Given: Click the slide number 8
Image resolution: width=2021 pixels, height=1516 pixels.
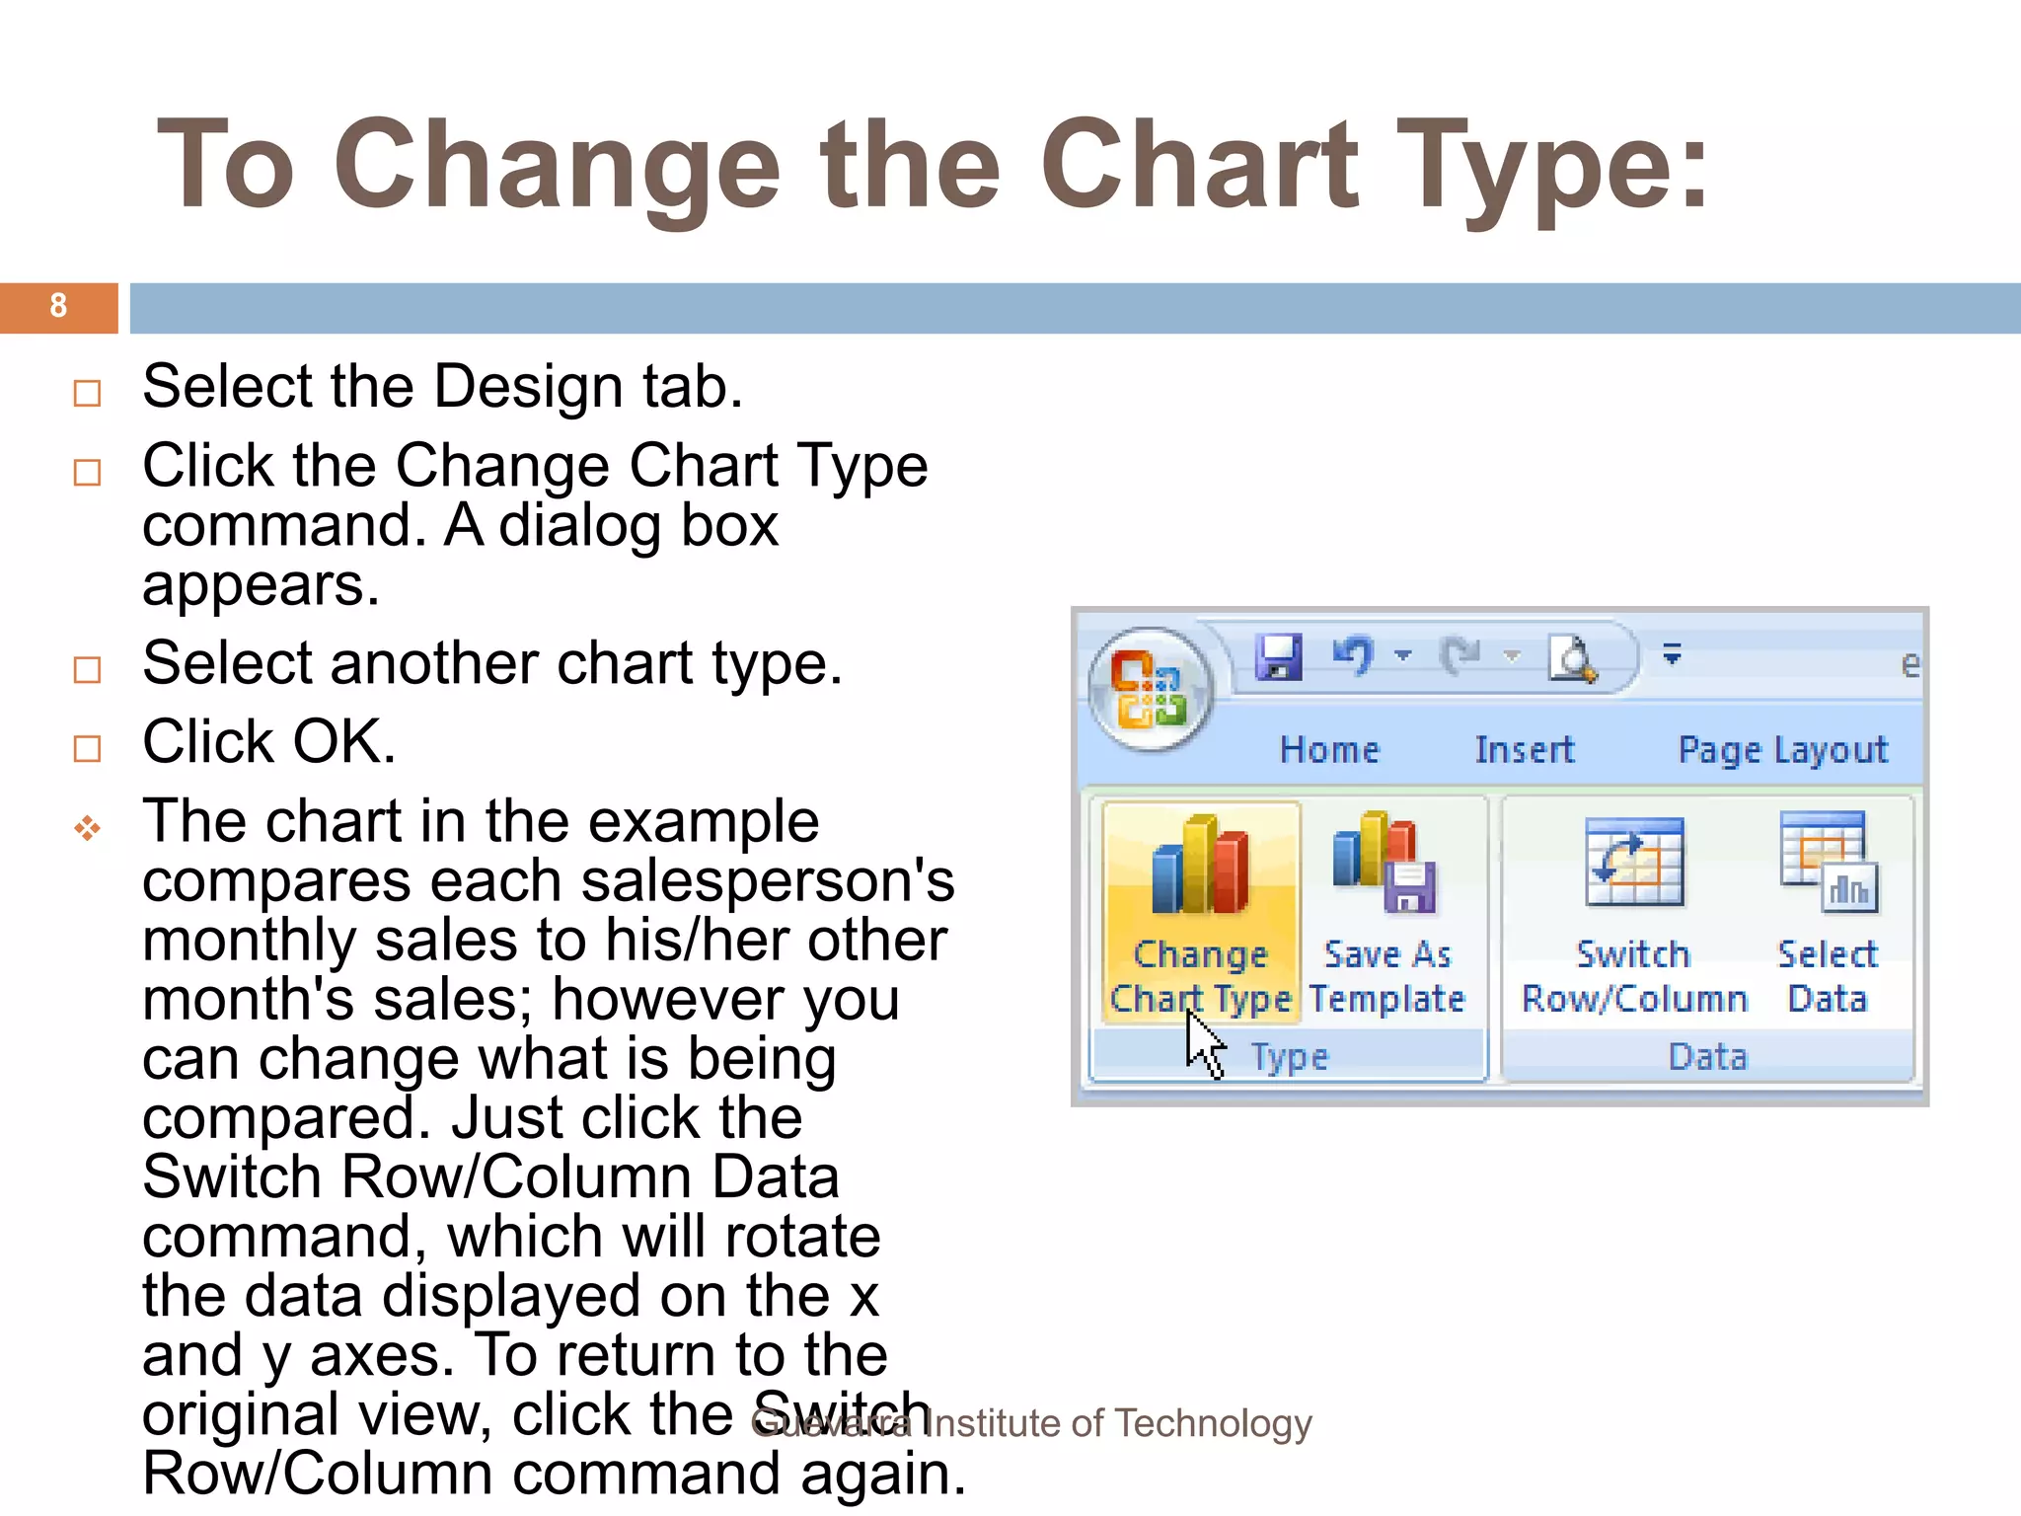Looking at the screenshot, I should pyautogui.click(x=58, y=306).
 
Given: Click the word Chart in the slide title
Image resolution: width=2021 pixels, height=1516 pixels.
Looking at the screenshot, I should pyautogui.click(x=1199, y=164).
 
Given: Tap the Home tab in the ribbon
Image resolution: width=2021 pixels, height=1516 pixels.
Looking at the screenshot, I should pyautogui.click(x=1329, y=750).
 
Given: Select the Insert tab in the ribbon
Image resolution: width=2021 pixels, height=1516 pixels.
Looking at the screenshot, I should pyautogui.click(x=1524, y=750).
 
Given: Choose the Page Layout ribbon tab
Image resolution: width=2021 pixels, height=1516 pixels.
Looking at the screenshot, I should pyautogui.click(x=1782, y=750).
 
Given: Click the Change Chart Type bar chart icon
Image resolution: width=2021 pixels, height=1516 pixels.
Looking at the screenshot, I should pyautogui.click(x=1200, y=866).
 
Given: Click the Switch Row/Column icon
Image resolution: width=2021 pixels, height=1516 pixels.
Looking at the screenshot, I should pyautogui.click(x=1633, y=863).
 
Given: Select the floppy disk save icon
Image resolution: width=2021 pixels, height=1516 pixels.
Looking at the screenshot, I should pyautogui.click(x=1279, y=656).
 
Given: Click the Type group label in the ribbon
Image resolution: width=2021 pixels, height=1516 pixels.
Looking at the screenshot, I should pyautogui.click(x=1290, y=1058).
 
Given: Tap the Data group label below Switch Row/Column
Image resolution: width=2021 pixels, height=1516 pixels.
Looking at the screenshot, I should pyautogui.click(x=1707, y=1058).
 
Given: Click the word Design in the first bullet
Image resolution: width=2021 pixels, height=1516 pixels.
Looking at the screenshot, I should pyautogui.click(x=528, y=386).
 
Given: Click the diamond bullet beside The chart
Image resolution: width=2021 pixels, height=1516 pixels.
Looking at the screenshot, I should pyautogui.click(x=87, y=828).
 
